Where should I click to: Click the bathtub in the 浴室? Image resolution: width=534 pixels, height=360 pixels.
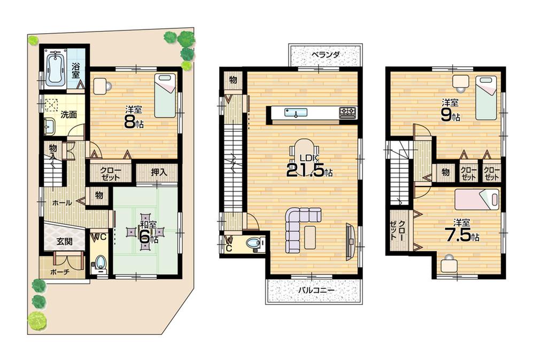click(x=55, y=69)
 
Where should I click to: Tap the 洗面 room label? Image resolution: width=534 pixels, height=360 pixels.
click(x=68, y=114)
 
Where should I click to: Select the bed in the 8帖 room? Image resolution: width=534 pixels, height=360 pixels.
click(x=165, y=96)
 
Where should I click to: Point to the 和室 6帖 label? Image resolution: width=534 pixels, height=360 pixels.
click(x=145, y=233)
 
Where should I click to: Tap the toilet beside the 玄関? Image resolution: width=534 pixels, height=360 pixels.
click(x=100, y=263)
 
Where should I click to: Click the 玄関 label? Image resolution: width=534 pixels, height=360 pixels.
click(x=64, y=241)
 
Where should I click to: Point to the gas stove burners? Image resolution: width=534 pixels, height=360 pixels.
click(x=348, y=113)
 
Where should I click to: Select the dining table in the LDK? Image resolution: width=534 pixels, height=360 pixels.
click(x=304, y=150)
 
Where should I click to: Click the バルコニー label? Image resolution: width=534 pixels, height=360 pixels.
click(x=315, y=290)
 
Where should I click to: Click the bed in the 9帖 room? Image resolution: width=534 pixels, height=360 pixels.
click(x=486, y=98)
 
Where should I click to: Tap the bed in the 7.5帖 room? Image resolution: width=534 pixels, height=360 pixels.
click(x=477, y=199)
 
